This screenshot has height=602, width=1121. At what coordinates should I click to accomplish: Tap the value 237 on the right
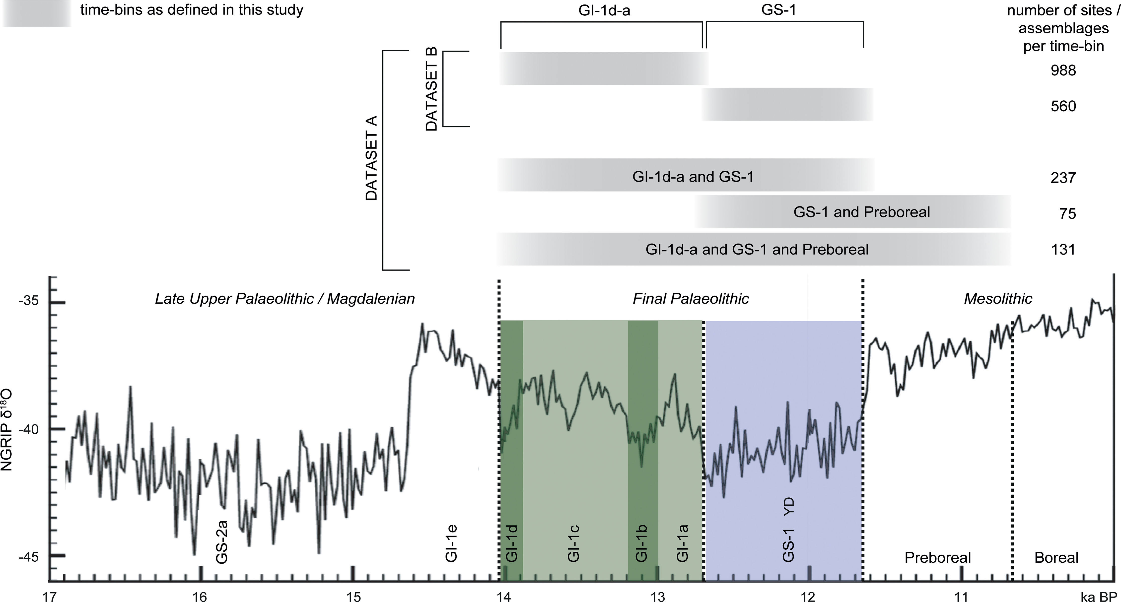tap(1063, 178)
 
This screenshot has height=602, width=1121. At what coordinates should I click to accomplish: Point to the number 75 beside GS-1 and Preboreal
tap(1067, 213)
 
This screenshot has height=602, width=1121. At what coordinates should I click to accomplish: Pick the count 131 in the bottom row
tap(1063, 250)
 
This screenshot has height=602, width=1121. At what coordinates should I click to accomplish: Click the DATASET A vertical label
tap(371, 158)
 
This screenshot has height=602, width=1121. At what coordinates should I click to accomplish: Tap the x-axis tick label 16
tap(200, 596)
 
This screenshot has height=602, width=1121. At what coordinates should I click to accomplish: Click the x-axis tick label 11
tap(961, 596)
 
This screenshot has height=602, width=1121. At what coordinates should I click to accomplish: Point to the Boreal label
tap(1056, 558)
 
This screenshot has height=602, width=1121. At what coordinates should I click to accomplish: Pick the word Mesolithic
tap(998, 299)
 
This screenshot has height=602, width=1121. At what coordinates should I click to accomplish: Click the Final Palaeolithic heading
tap(691, 299)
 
